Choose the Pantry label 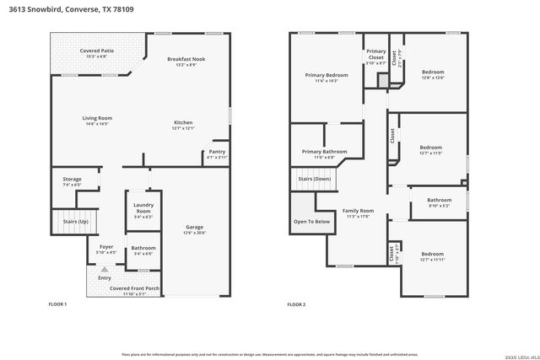217,153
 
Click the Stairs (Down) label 313,179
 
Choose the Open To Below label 311,221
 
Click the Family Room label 358,212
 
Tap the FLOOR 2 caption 296,304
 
